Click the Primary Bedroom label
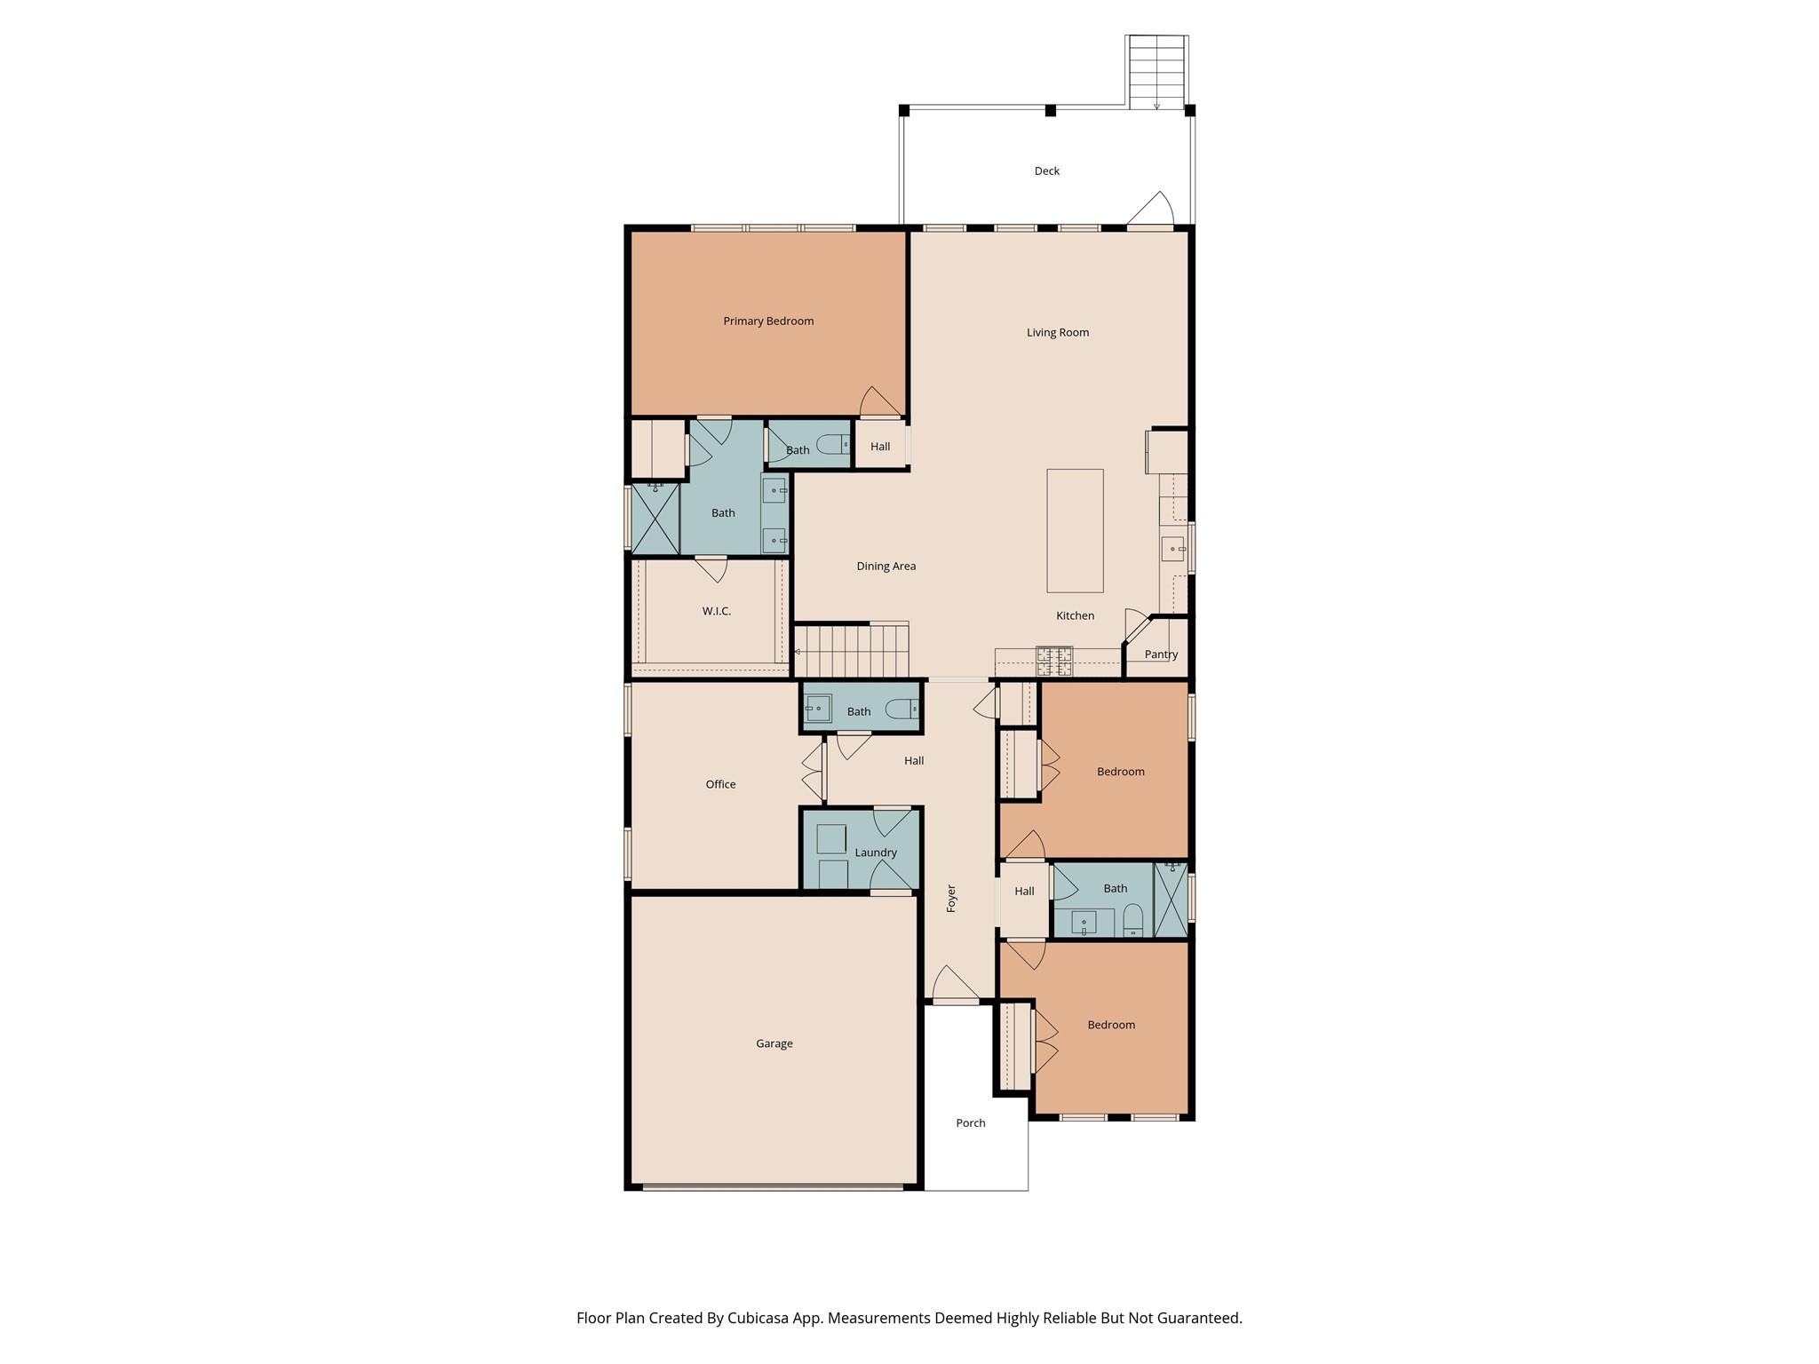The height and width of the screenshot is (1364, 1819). tap(768, 321)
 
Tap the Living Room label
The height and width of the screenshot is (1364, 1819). tap(1057, 333)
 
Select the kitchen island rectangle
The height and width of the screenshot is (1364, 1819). tap(1075, 530)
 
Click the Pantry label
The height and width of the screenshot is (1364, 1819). tap(1161, 654)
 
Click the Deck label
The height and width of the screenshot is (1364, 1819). tap(1046, 171)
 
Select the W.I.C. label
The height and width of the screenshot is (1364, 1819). tap(716, 612)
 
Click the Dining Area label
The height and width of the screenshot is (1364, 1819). tap(886, 567)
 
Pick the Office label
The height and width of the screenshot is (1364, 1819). tap(720, 784)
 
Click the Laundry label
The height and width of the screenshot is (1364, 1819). tap(875, 852)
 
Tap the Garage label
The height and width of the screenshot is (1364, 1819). tap(774, 1043)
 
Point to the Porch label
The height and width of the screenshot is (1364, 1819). tap(970, 1123)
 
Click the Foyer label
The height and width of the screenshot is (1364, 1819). tap(951, 898)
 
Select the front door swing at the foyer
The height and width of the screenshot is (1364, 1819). tap(953, 986)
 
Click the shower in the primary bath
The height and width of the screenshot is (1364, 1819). tap(655, 518)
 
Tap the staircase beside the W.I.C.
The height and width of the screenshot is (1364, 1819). tap(851, 651)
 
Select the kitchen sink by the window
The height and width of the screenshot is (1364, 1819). tap(1172, 549)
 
